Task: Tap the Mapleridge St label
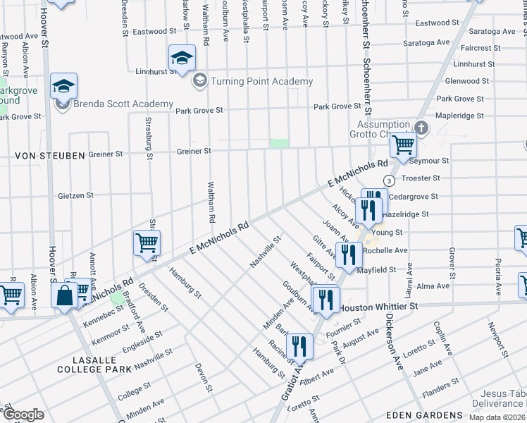click(x=460, y=116)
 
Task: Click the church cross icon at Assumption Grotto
click(x=421, y=128)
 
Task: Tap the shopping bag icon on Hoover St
click(x=64, y=295)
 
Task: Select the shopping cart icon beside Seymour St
click(x=402, y=145)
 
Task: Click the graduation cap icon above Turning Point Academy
click(x=181, y=58)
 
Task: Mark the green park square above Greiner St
click(x=280, y=144)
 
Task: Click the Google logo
click(x=23, y=415)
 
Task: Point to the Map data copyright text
click(x=497, y=417)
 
